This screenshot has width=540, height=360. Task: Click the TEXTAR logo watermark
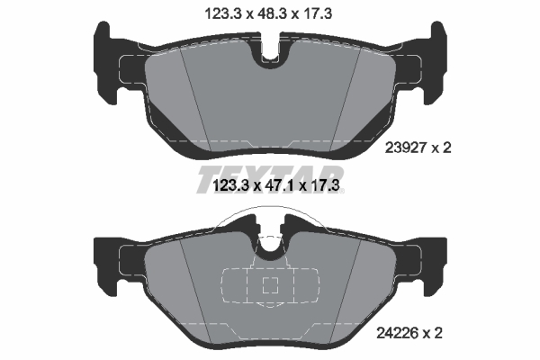(x=270, y=178)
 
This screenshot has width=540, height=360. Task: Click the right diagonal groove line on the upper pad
(x=346, y=94)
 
